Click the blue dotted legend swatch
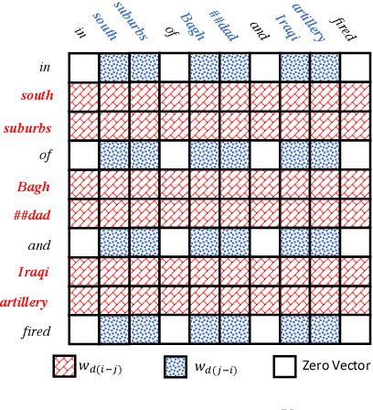point(178,366)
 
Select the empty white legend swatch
point(287,366)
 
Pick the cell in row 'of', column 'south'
point(114,156)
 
